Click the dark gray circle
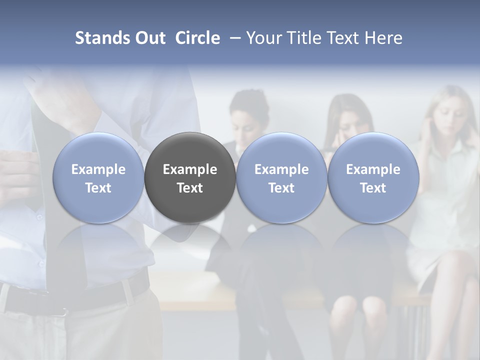(190, 177)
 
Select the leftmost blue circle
(98, 177)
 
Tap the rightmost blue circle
(373, 177)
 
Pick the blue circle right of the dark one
(281, 177)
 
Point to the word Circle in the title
(197, 38)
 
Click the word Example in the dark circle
(190, 169)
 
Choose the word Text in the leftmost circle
(98, 188)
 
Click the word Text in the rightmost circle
(373, 188)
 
